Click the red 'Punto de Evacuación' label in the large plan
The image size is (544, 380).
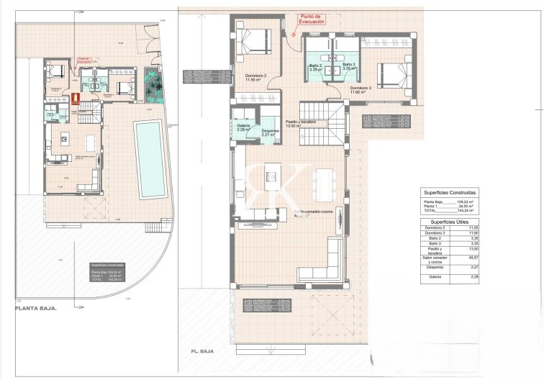[x=312, y=19]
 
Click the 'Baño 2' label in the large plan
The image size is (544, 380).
[x=316, y=68]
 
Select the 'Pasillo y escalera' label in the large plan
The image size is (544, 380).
[x=302, y=124]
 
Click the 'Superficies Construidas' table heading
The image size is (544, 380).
[x=450, y=193]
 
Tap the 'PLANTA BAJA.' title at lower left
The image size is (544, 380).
[x=35, y=308]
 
